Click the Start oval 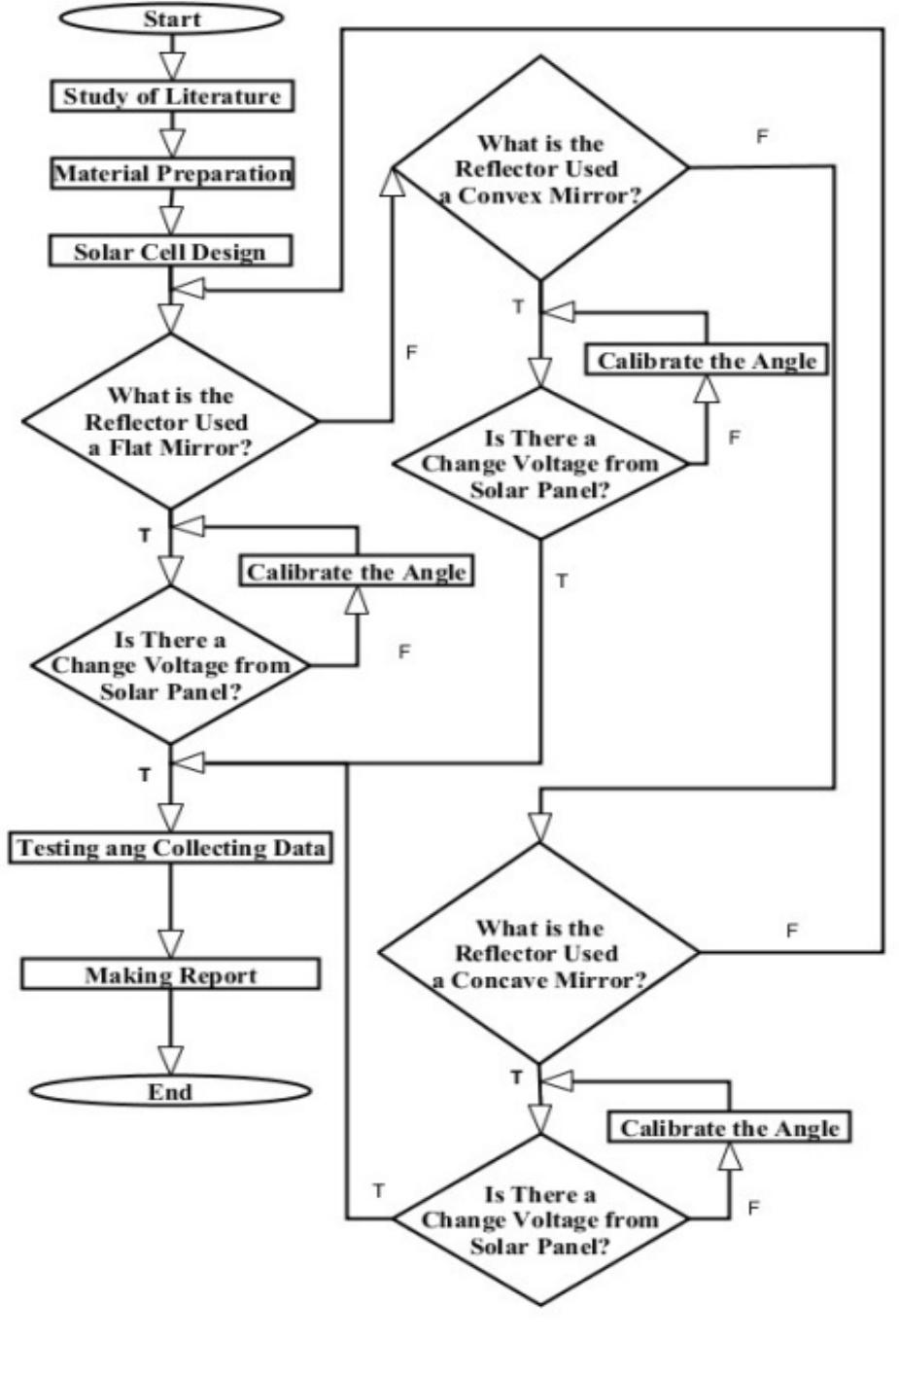(172, 18)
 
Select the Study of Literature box (172, 96)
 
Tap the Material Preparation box (172, 174)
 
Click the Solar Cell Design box (170, 252)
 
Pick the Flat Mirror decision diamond (171, 422)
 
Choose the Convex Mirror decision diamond (539, 168)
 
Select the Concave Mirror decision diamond (538, 953)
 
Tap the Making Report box (171, 974)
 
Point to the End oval (170, 1091)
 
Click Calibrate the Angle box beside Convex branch (707, 361)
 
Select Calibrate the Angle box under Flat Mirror (357, 571)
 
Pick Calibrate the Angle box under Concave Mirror (729, 1128)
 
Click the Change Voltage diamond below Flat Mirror (171, 666)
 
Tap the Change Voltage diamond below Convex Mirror (539, 464)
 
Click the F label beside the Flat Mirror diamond (411, 352)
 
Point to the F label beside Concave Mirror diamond (792, 931)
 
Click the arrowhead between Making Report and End (171, 1058)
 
